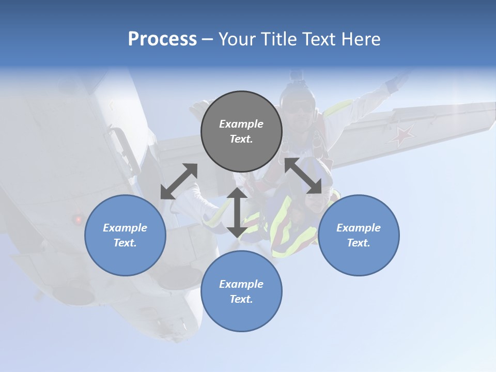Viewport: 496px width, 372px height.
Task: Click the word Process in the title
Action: click(x=162, y=39)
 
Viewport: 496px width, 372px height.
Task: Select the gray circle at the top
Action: click(x=241, y=132)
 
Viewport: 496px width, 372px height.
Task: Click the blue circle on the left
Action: click(x=125, y=235)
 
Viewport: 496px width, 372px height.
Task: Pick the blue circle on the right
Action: click(x=359, y=235)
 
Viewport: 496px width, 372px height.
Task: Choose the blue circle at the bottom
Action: click(x=241, y=291)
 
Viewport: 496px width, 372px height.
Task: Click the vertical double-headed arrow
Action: click(x=237, y=212)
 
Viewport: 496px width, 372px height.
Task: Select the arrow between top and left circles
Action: click(x=179, y=181)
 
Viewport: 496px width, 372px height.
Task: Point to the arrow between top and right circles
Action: click(x=303, y=176)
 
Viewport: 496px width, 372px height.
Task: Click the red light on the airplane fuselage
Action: click(x=79, y=220)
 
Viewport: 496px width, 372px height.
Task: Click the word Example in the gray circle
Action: click(x=241, y=124)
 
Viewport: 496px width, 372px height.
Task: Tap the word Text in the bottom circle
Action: click(x=241, y=299)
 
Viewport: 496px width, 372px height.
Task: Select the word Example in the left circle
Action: click(x=125, y=228)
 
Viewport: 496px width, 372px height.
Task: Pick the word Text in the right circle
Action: click(x=359, y=243)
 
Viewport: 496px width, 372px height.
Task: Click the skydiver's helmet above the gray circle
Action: click(x=298, y=93)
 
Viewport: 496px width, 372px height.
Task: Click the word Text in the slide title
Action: click(x=319, y=39)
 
